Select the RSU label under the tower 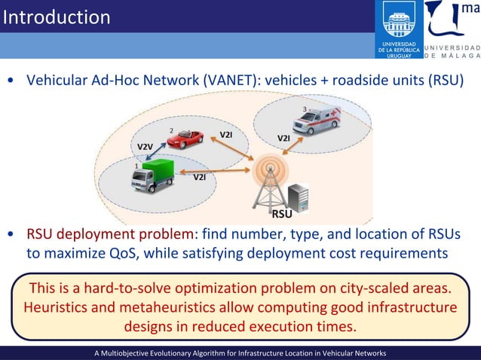coord(282,214)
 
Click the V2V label coord(143,145)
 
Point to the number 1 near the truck coord(136,165)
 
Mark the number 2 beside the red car coord(171,130)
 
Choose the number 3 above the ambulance coord(304,110)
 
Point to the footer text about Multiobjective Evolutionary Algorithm coord(240,352)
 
